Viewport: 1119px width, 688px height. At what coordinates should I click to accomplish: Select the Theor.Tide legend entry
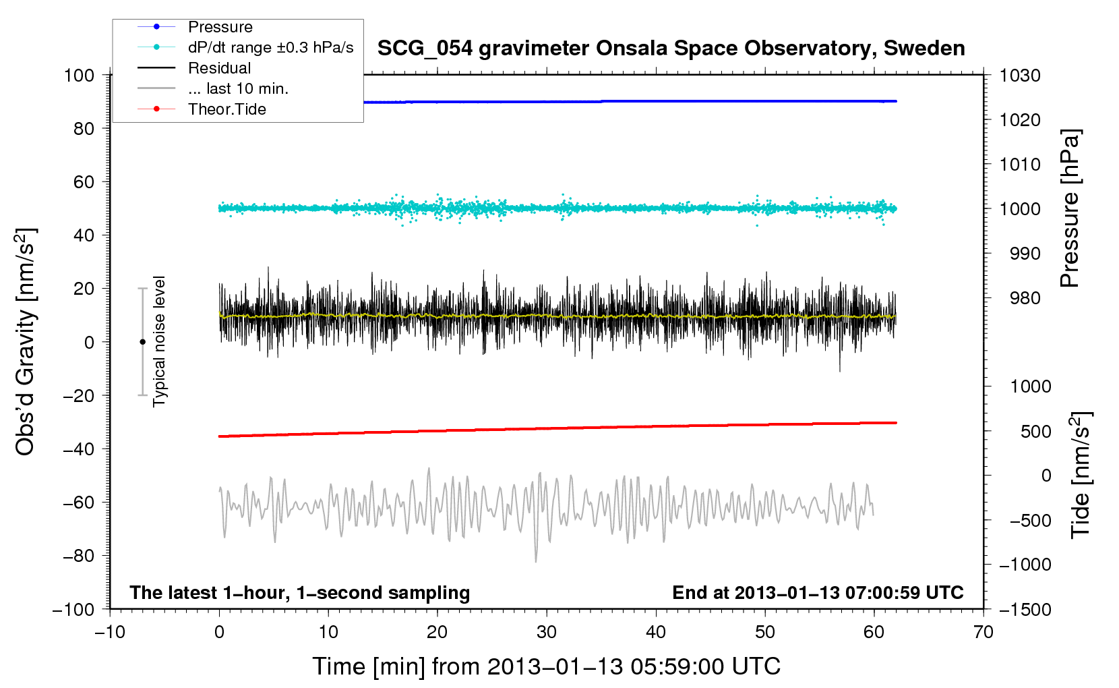(x=226, y=109)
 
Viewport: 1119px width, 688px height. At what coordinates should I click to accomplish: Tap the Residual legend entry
(x=219, y=68)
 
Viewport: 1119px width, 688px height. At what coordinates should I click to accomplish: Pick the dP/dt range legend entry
(x=270, y=47)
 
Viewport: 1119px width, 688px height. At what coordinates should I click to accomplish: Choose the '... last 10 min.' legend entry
(x=238, y=88)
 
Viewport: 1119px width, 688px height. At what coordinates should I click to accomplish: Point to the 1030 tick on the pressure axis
(x=1020, y=76)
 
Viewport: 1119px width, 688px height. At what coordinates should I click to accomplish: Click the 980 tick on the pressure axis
(x=1025, y=298)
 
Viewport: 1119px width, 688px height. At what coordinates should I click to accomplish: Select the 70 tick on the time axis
(x=984, y=632)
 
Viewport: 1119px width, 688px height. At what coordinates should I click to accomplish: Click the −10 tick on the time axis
(x=110, y=632)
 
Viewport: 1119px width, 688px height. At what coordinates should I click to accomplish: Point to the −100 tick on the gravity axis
(x=74, y=610)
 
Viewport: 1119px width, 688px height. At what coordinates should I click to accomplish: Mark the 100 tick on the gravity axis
(x=79, y=75)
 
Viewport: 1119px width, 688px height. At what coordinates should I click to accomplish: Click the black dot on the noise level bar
(x=142, y=342)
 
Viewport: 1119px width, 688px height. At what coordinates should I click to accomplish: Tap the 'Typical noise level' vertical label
(x=159, y=341)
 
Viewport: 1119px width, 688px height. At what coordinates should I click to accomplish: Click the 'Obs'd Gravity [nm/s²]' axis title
(x=26, y=342)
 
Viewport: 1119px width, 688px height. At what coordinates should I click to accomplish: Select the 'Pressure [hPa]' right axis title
(x=1070, y=208)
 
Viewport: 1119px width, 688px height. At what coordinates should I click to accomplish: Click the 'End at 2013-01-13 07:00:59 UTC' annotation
(x=818, y=592)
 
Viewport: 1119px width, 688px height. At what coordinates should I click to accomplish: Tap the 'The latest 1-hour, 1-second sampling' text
(x=300, y=592)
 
